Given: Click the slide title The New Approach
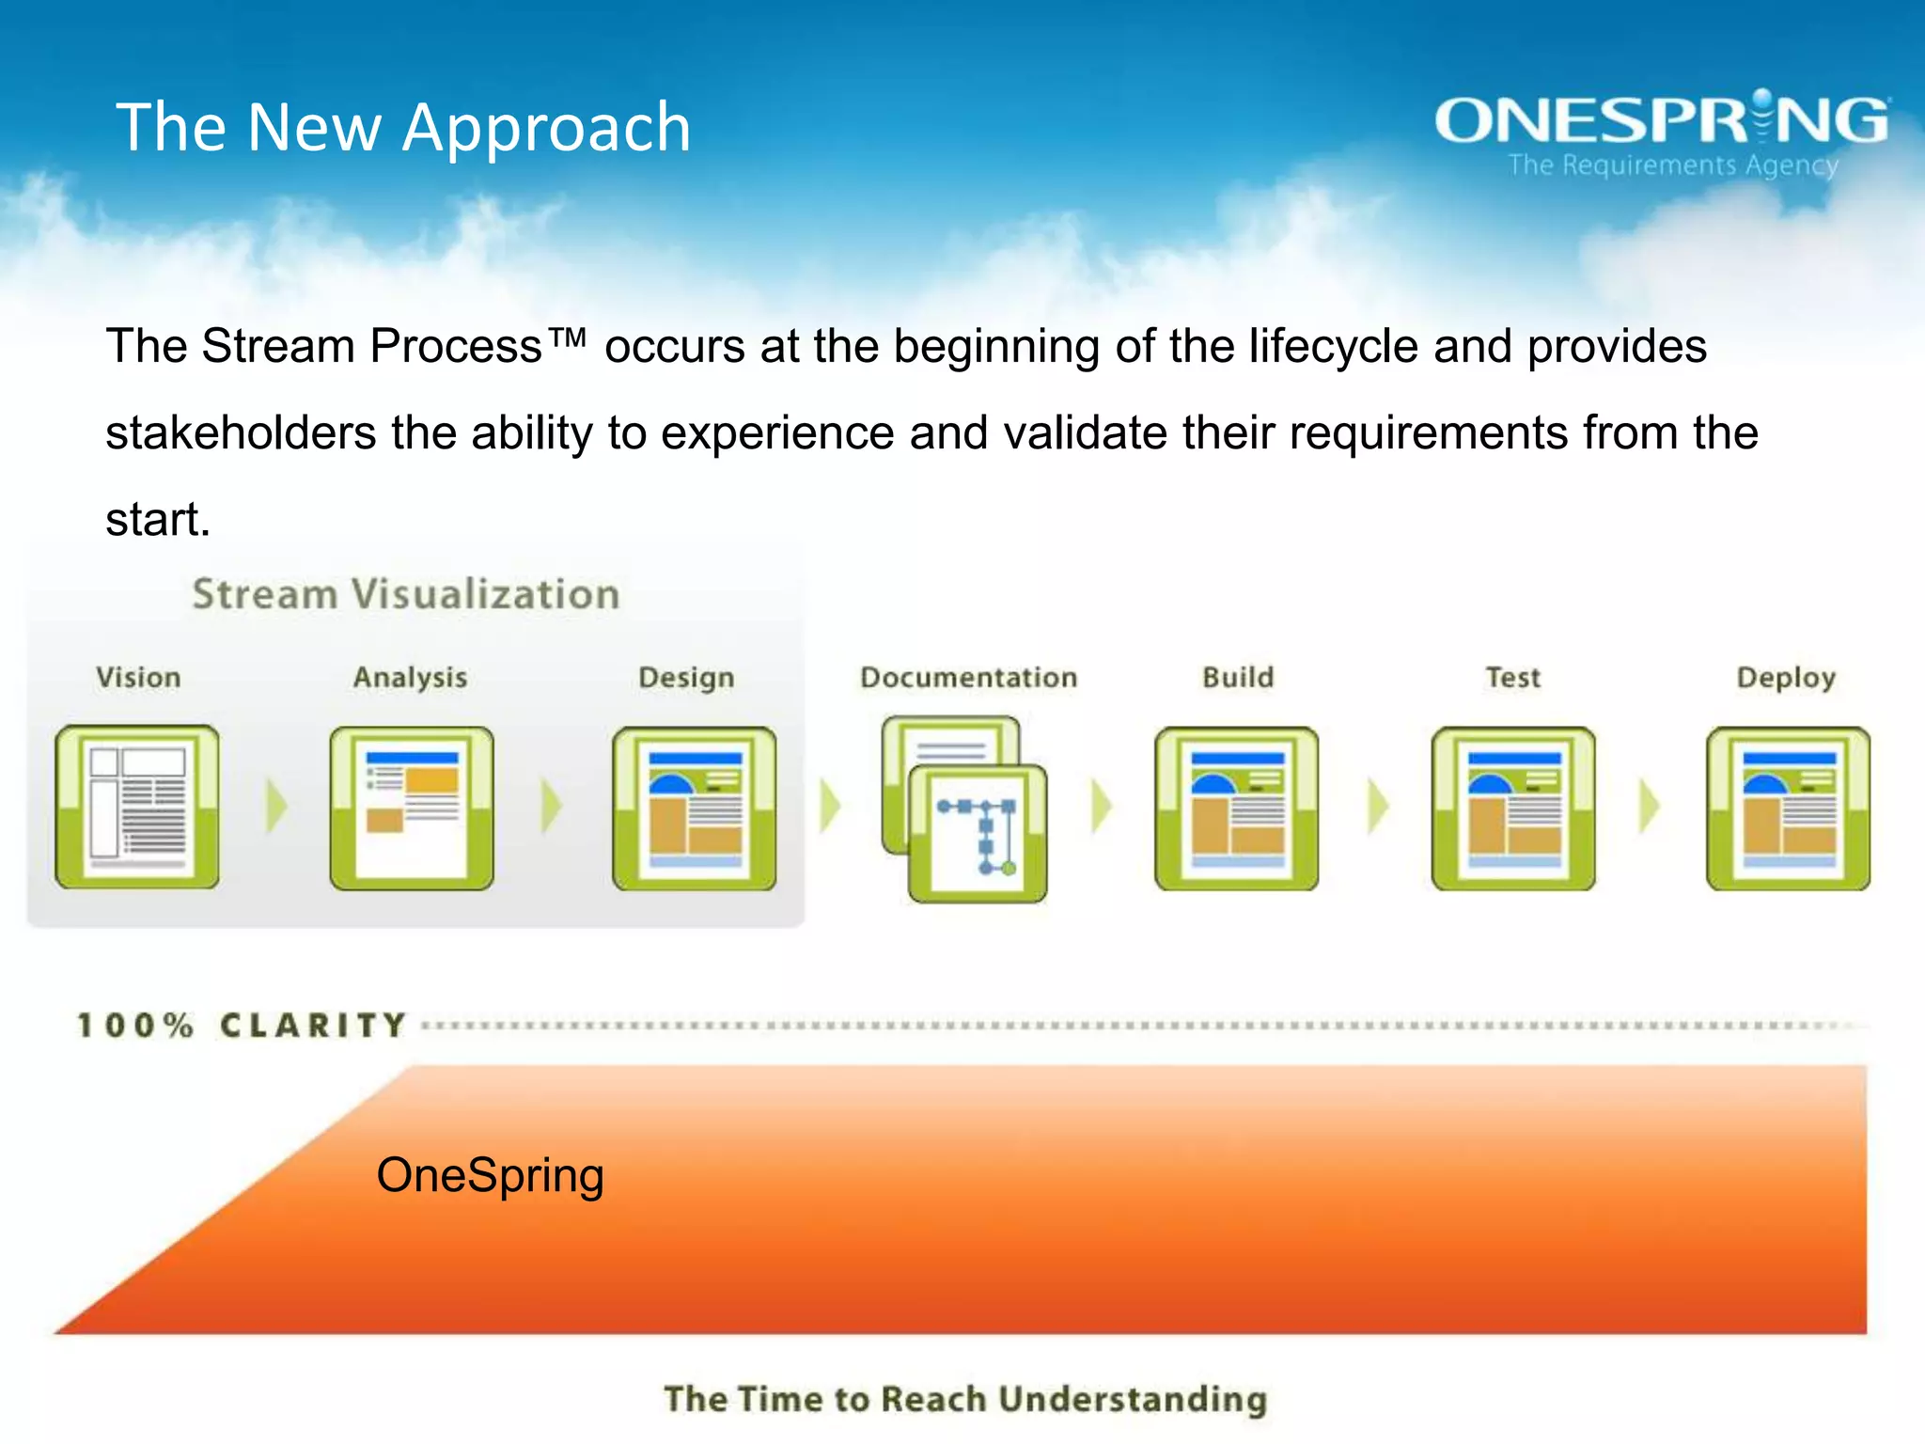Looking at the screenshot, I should (x=403, y=128).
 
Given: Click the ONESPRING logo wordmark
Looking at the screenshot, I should (x=1662, y=120).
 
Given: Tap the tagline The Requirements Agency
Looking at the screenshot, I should (x=1673, y=165).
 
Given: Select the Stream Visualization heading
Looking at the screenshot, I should (x=406, y=594).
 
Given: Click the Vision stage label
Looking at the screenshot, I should (x=138, y=677).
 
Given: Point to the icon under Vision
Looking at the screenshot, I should (x=137, y=807).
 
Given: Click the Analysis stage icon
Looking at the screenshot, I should (x=412, y=808).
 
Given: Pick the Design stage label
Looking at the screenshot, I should (x=686, y=677).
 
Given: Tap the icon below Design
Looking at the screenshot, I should (x=695, y=808).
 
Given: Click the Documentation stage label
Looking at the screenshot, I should (x=968, y=677).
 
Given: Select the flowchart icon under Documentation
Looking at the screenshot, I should (x=978, y=834).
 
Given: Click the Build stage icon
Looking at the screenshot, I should (x=1236, y=808).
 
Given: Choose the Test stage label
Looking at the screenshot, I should (x=1512, y=677).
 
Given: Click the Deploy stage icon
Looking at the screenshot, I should (x=1788, y=808).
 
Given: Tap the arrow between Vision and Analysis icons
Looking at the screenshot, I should (x=275, y=806).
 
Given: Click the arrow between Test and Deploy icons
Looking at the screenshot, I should (x=1650, y=806).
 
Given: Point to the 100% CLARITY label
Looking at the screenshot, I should (x=242, y=1025).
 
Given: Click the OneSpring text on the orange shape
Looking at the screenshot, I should (x=490, y=1175).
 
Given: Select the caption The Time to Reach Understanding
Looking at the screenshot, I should (x=965, y=1399).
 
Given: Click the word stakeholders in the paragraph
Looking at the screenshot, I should (x=241, y=433).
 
